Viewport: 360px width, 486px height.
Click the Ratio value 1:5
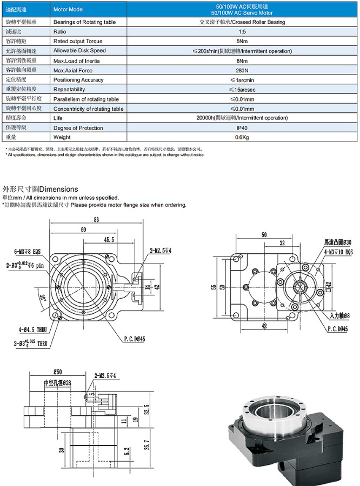242,32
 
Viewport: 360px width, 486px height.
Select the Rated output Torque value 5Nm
242,42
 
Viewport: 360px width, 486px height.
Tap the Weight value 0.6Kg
242,138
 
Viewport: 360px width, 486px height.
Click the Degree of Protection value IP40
242,128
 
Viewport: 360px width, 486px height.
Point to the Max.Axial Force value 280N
242,70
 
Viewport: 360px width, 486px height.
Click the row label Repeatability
69,90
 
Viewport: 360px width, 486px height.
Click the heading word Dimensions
59,190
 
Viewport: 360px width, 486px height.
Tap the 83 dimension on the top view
96,220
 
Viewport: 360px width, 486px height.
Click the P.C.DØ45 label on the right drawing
338,328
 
